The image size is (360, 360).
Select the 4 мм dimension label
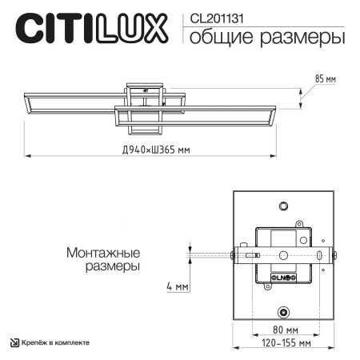[x=177, y=286]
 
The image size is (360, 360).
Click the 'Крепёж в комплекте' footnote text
[x=54, y=342]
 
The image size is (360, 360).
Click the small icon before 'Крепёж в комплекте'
[x=14, y=342]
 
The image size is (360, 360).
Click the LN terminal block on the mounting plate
[x=285, y=277]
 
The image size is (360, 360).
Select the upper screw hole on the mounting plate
[x=284, y=206]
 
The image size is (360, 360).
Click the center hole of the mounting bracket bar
[x=284, y=256]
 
